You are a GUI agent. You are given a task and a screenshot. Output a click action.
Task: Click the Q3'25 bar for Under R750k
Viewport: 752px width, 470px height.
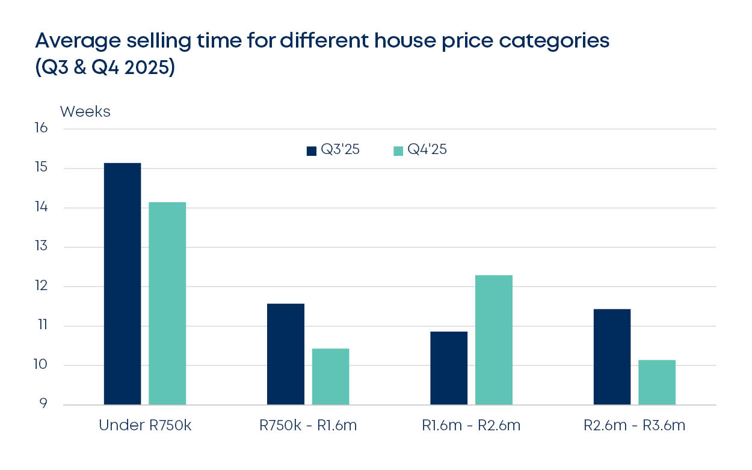[x=122, y=283]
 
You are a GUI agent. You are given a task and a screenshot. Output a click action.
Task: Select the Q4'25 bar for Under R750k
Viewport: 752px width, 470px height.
[x=167, y=303]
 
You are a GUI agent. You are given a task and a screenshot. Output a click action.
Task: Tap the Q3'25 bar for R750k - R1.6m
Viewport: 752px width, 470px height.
[x=286, y=354]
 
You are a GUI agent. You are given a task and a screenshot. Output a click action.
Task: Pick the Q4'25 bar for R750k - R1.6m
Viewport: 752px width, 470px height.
[x=330, y=376]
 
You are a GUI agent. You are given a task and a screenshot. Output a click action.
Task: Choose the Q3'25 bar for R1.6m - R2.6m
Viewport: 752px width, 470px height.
[x=449, y=368]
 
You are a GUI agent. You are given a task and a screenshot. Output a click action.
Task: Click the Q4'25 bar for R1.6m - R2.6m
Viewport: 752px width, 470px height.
[x=494, y=339]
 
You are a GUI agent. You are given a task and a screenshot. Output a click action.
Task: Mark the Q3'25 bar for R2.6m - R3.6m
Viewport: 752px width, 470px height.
[x=612, y=356]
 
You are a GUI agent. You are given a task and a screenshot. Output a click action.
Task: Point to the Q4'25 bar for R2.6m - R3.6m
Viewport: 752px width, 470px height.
[x=657, y=382]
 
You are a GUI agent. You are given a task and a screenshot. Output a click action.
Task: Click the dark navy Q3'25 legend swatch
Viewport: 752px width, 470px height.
[x=311, y=151]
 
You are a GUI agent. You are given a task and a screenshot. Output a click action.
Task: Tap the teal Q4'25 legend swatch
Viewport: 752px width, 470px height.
[x=398, y=151]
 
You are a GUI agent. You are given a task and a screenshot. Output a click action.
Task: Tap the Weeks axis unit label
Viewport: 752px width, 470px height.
[x=85, y=112]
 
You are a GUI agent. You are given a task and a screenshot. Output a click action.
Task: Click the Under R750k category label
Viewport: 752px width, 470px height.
[x=144, y=425]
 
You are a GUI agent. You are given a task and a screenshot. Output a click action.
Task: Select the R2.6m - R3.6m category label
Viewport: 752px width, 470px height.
[x=634, y=425]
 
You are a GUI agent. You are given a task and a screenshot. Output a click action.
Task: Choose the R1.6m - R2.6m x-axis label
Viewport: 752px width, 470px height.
[x=471, y=425]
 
